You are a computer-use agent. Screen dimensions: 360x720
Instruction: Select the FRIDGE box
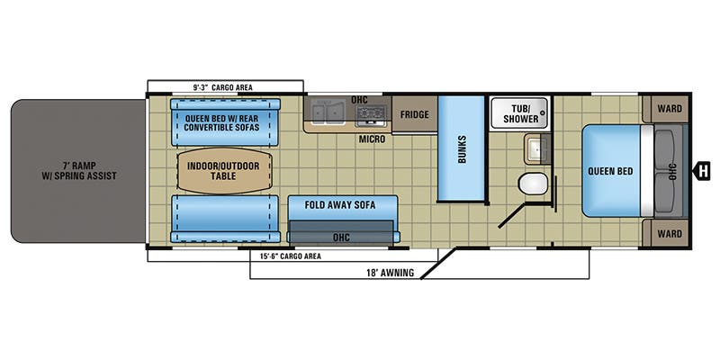tap(414, 114)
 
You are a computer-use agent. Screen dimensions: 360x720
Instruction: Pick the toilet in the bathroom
tap(532, 184)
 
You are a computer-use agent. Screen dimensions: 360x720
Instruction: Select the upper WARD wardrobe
tap(670, 109)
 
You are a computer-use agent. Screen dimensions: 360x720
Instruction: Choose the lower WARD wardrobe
tap(670, 232)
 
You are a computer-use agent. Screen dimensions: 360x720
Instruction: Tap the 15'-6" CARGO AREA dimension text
tap(283, 256)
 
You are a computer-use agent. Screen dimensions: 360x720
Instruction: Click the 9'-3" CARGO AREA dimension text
tap(222, 87)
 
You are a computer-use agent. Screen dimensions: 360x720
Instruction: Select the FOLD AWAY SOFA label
tap(339, 204)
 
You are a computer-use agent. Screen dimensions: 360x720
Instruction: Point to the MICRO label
tap(371, 139)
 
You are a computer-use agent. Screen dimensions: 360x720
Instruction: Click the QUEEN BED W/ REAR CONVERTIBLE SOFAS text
tap(222, 121)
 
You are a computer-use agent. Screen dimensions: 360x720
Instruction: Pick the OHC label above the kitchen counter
tap(358, 100)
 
